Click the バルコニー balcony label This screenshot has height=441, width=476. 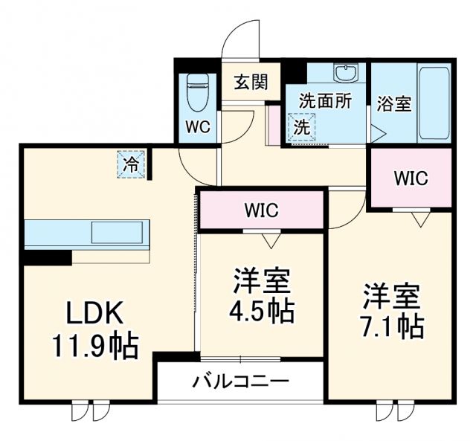240,382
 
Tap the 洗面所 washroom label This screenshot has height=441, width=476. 326,101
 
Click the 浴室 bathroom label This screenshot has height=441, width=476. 393,103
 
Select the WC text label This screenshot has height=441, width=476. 197,126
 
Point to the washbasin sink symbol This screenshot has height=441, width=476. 345,74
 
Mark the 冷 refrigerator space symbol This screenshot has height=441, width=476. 131,164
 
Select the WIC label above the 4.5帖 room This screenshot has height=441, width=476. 261,210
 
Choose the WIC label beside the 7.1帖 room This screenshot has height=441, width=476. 411,178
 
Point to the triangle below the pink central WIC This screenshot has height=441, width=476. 270,239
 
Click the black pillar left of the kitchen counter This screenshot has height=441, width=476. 46,257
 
